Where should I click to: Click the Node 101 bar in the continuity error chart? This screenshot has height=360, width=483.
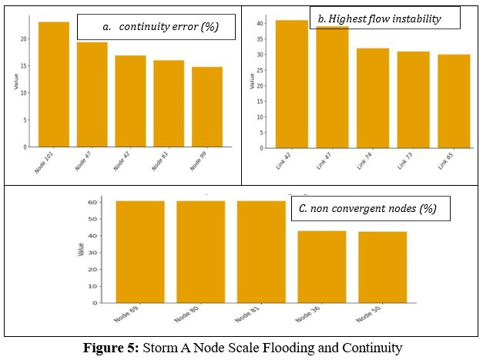coord(53,85)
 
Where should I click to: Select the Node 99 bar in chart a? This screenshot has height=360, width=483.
coord(207,107)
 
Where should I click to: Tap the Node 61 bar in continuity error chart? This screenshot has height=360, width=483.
coord(169,103)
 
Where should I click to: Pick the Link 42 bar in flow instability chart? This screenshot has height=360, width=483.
coord(292,84)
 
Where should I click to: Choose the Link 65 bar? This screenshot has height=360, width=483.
coord(454,101)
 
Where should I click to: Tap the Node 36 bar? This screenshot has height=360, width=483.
coord(322,267)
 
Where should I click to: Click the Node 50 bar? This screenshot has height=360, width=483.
coord(382,267)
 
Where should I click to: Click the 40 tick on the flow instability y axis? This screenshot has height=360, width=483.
coord(260,23)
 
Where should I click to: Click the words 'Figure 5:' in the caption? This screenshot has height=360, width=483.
coord(111,348)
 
